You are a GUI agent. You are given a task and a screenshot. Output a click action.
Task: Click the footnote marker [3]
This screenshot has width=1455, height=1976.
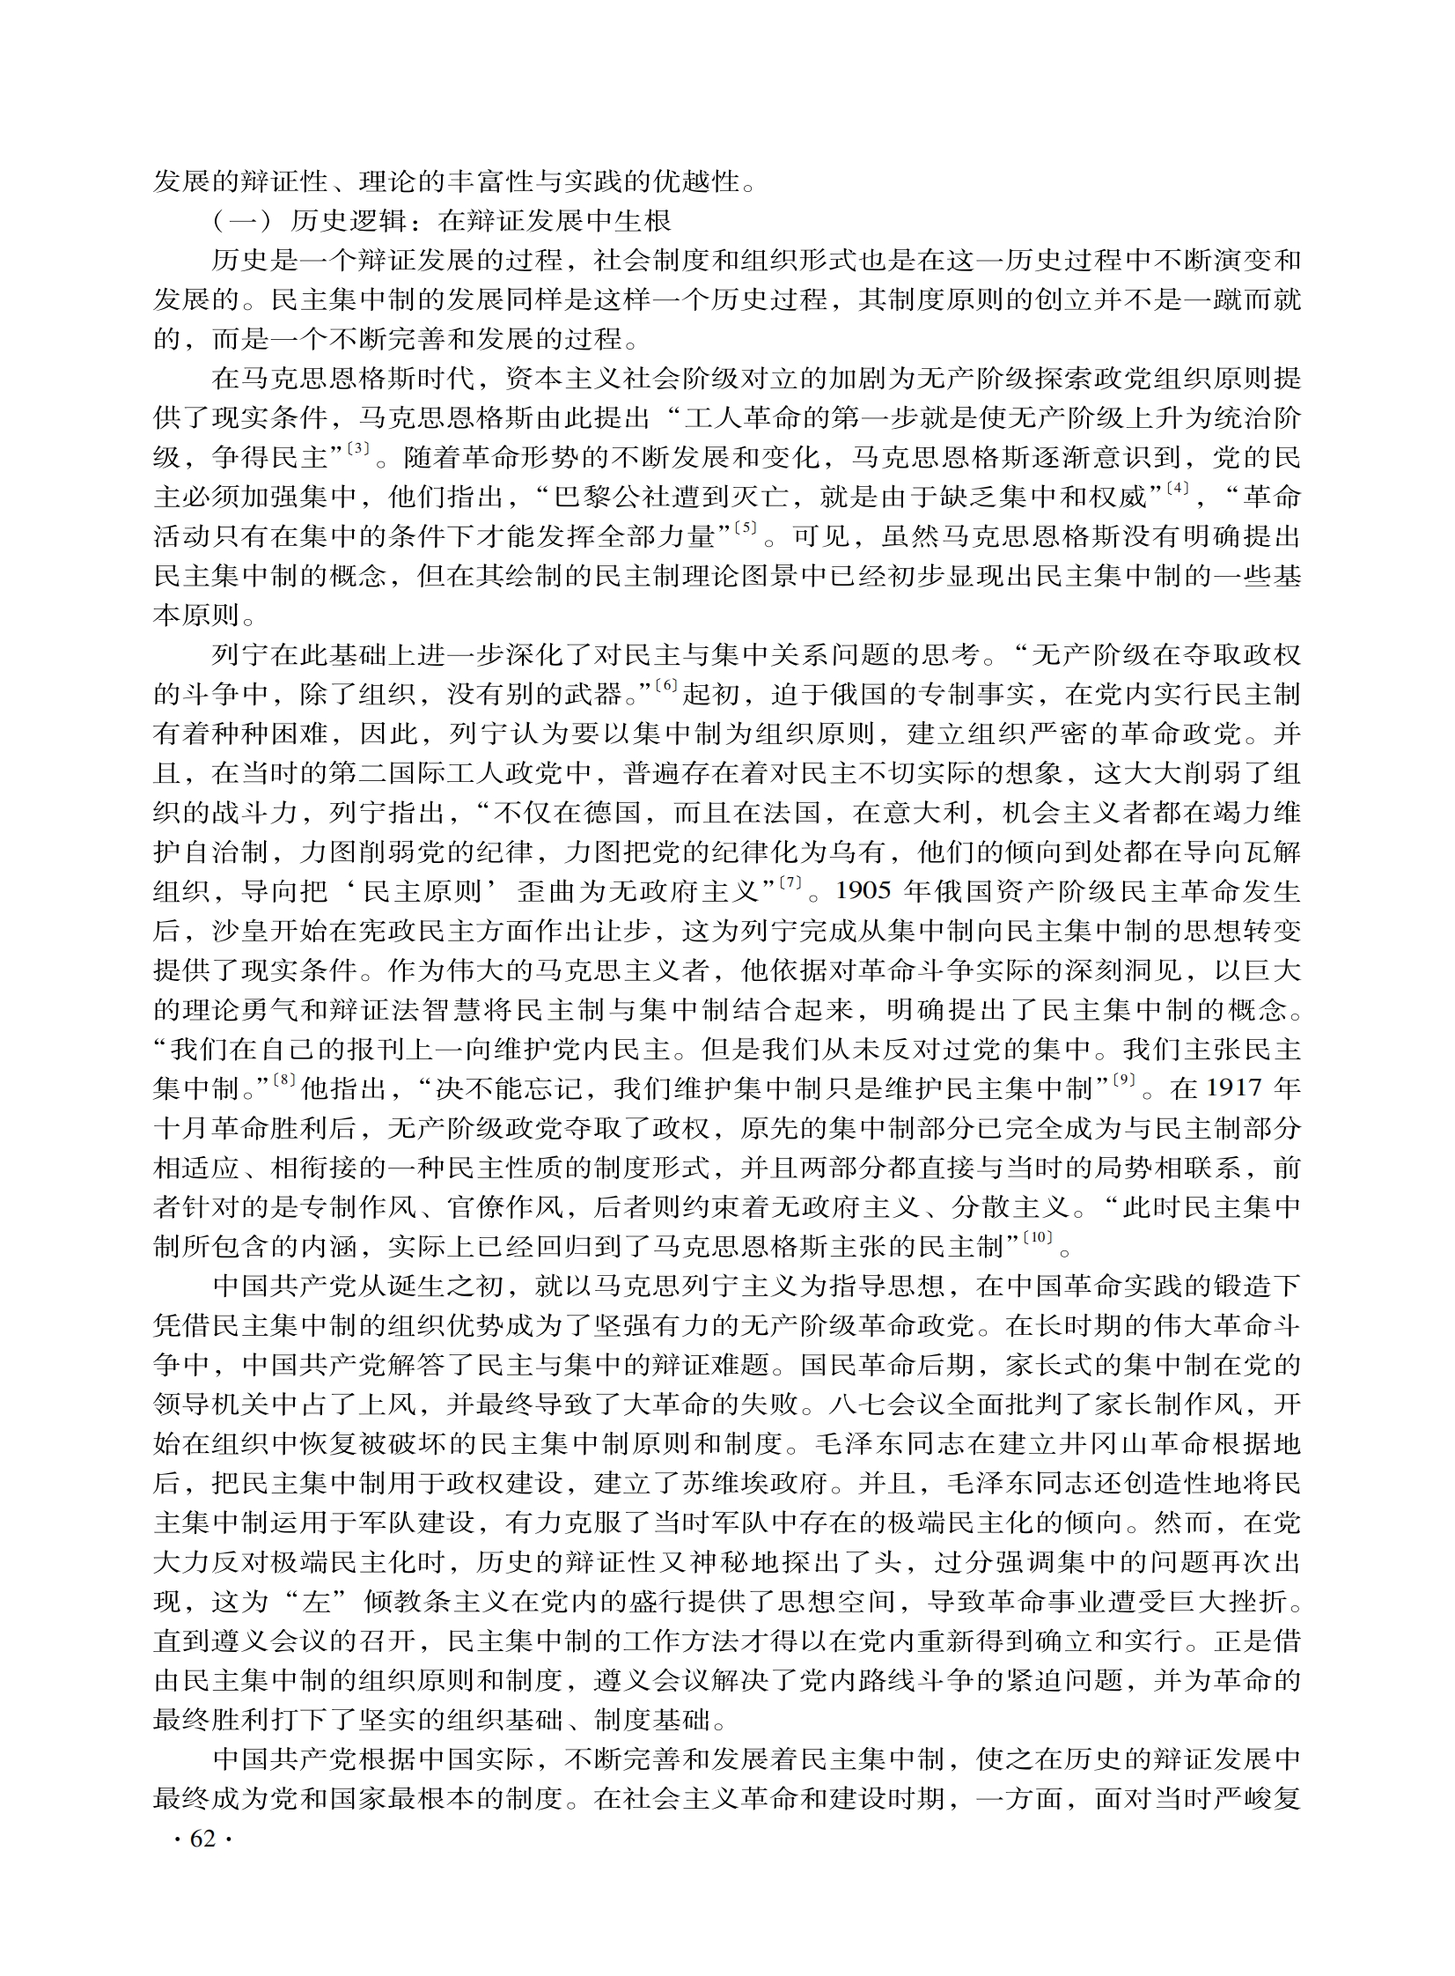357,448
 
